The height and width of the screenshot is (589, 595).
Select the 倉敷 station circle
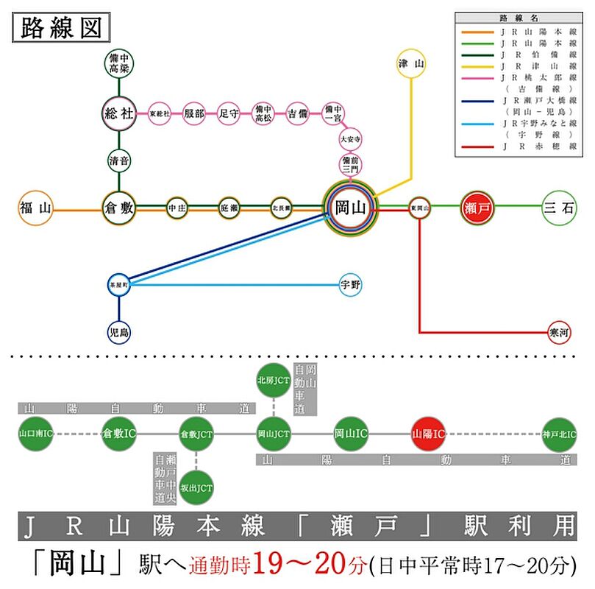click(118, 208)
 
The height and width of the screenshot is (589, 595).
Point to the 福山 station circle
click(35, 208)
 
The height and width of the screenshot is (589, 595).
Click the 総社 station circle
click(118, 113)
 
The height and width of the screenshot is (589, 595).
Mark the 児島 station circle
click(118, 333)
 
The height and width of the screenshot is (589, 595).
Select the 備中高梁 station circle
click(118, 65)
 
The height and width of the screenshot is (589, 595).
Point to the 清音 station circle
click(118, 161)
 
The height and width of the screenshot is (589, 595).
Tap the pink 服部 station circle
click(194, 113)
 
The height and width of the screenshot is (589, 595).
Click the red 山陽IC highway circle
click(428, 434)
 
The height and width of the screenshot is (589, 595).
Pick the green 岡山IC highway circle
click(351, 434)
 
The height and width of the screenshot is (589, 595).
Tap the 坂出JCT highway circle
click(196, 487)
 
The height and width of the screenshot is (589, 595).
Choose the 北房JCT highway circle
click(274, 381)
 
